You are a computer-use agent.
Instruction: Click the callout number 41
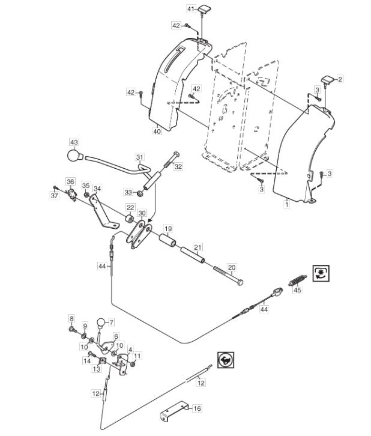[x=191, y=9]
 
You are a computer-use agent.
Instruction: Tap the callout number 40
[x=157, y=131]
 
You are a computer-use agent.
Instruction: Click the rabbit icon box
[x=226, y=360]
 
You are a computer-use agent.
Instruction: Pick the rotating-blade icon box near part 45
[x=321, y=273]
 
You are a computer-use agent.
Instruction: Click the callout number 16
[x=197, y=408]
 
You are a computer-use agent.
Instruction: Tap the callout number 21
[x=198, y=247]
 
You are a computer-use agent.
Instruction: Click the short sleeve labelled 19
[x=167, y=240]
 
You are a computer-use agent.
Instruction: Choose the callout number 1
[x=286, y=204]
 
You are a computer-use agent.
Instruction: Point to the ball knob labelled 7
[x=101, y=323]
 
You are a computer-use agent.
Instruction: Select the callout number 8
[x=71, y=318]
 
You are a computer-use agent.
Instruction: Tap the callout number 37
[x=55, y=195]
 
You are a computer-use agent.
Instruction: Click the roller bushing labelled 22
[x=130, y=219]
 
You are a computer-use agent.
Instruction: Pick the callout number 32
[x=178, y=166]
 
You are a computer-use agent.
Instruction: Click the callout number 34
[x=97, y=189]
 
